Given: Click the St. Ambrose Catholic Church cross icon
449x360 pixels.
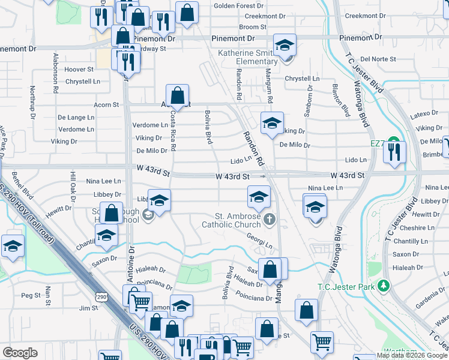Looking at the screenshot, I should click(x=270, y=219).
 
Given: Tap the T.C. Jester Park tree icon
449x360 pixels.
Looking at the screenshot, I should click(x=382, y=286).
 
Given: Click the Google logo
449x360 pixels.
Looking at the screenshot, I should click(x=20, y=352).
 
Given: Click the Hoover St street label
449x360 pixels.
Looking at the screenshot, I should click(x=79, y=70).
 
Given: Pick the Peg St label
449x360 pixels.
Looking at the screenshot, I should click(x=30, y=295).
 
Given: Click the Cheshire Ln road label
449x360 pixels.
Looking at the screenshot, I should click(x=417, y=228).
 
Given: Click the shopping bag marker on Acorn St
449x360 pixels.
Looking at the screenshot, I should click(x=178, y=95).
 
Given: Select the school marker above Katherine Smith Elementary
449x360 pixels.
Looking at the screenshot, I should click(x=285, y=44).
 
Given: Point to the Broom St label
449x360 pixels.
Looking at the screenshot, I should click(x=252, y=27).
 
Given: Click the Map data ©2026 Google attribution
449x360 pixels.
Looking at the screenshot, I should click(x=411, y=355).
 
